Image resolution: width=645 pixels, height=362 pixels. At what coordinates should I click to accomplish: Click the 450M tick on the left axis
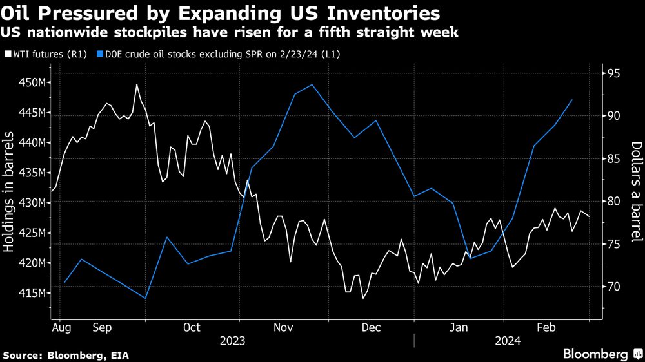coord(32,83)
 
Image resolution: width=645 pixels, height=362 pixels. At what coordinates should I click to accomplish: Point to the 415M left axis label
coord(32,293)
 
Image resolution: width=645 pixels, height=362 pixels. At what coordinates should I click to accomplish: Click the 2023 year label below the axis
coord(233,341)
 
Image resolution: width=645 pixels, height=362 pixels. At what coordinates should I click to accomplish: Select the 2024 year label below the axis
coord(508,341)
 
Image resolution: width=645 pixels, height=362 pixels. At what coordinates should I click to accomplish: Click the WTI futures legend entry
coord(45,54)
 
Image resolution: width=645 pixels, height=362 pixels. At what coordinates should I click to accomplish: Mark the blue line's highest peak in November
coord(312,85)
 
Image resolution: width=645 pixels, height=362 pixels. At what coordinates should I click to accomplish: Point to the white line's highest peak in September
coord(137,84)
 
